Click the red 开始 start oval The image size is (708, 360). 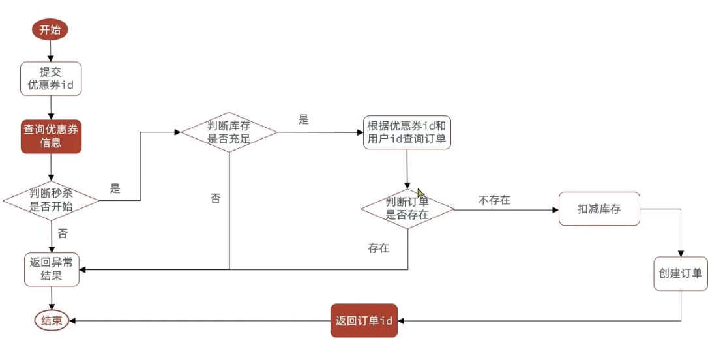coord(50,29)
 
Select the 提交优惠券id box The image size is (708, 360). coord(51,79)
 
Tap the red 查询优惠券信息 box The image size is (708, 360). coord(51,136)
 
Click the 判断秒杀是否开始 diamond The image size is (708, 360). coord(51,200)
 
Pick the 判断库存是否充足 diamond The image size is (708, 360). coord(229,132)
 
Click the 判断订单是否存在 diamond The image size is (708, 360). coord(407,209)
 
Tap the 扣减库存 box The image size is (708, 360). coord(599,209)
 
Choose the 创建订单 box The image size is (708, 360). coord(681,273)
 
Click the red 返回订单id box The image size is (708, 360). coord(364,321)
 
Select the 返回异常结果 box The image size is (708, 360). coord(52,269)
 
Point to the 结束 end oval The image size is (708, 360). coord(52,321)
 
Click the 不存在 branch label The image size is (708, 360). coord(494,200)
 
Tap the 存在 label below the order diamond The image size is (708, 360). coord(378,248)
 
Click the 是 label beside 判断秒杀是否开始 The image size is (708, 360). coord(115,189)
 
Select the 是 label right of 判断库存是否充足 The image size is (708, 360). coord(303,119)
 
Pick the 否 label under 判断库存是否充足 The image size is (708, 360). coord(215,198)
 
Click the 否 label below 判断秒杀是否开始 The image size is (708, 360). coord(63,233)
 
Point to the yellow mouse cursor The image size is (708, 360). coord(421,194)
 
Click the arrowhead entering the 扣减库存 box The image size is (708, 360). coord(555,210)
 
